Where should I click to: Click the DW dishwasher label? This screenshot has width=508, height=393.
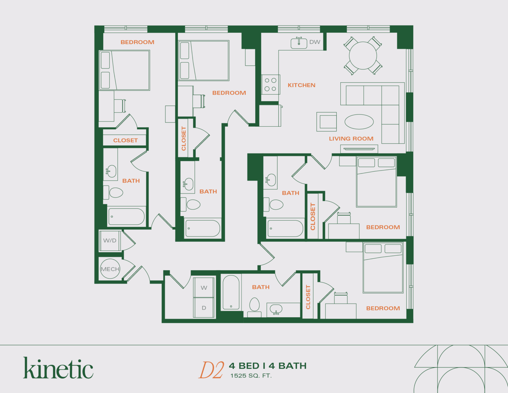tap(315, 42)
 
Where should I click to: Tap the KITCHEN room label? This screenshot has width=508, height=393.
tap(301, 85)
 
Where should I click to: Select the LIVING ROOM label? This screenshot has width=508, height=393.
tap(351, 139)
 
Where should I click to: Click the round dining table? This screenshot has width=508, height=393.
tap(363, 56)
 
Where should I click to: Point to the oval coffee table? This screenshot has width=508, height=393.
tap(359, 122)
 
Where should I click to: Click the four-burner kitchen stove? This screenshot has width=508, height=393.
tap(271, 84)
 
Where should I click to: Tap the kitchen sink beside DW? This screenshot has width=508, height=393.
tap(299, 43)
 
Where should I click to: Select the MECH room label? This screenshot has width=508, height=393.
tap(110, 269)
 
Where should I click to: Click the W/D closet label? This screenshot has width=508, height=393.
tap(110, 240)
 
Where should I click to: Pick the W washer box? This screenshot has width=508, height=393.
tap(204, 288)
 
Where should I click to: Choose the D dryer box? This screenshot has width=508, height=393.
tap(204, 308)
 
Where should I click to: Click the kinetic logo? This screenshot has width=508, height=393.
tap(58, 368)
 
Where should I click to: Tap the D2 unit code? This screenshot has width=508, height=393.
tap(211, 370)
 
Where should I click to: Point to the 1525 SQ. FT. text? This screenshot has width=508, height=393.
tap(251, 376)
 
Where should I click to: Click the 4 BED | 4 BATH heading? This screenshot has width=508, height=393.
tap(268, 366)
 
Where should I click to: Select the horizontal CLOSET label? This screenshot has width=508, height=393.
tap(125, 140)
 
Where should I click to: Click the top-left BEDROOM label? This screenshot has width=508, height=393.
tap(137, 42)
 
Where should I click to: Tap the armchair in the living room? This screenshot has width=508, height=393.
tap(327, 122)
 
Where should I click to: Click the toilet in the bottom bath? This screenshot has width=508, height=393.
tap(254, 305)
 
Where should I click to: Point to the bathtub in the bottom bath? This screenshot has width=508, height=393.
tap(231, 292)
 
